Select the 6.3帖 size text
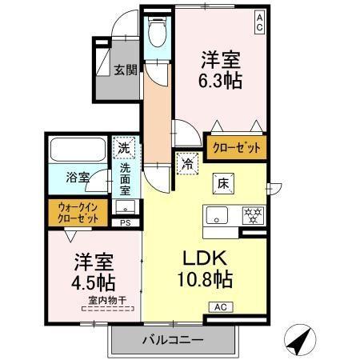(x=220, y=80)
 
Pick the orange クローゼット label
(x=235, y=148)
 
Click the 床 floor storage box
(x=223, y=182)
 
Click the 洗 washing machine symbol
(x=125, y=147)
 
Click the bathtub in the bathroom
(x=78, y=150)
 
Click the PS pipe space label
(x=125, y=223)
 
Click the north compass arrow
(x=300, y=339)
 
